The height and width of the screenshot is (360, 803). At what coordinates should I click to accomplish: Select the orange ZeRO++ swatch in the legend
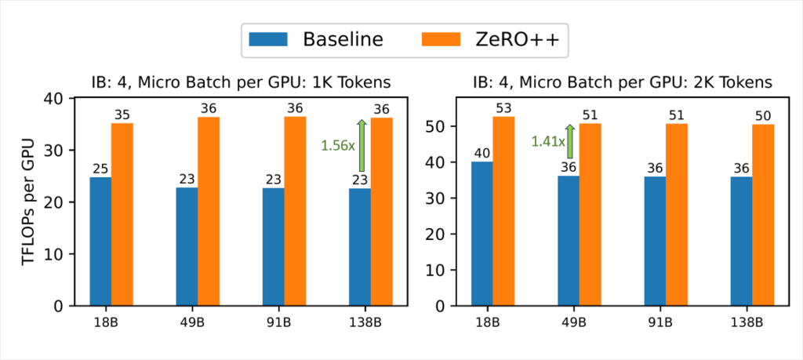(443, 39)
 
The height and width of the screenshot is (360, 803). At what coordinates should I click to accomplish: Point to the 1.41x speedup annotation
(547, 141)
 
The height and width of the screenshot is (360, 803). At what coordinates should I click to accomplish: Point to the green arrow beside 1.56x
(362, 145)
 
